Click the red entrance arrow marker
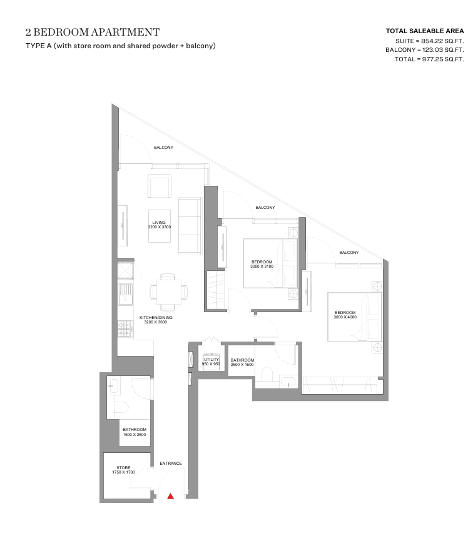coord(170,496)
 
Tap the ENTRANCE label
coord(171,464)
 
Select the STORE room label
coord(123,468)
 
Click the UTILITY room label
coord(211,359)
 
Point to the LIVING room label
coord(159,222)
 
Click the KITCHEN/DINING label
coord(156,318)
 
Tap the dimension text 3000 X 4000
coord(345,317)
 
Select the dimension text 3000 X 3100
coord(262,266)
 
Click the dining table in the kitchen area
coord(169,292)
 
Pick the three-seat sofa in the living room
coord(190,226)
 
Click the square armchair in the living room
coord(160,186)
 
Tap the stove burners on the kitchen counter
coord(125,329)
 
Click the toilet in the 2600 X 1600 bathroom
coord(267,374)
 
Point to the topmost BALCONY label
coord(163,148)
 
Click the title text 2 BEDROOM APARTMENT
coord(93,32)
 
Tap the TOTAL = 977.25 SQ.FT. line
coord(429,59)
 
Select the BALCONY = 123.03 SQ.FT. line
coord(425,50)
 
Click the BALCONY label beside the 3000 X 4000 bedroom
coord(349,252)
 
